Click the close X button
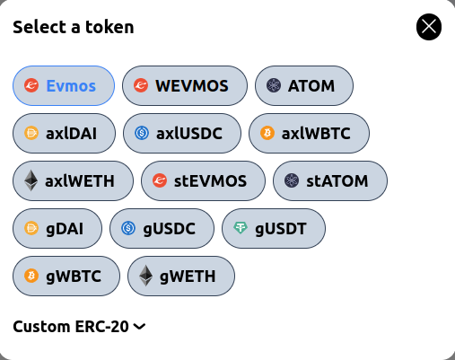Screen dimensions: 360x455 pyautogui.click(x=429, y=28)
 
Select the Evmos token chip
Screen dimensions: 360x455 pyautogui.click(x=64, y=86)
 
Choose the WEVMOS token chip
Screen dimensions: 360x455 pyautogui.click(x=184, y=86)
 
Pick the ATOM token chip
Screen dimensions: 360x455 pyautogui.click(x=304, y=86)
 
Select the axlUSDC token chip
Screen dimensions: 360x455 pyautogui.click(x=181, y=133)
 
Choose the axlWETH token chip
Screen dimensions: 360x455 pyautogui.click(x=73, y=180)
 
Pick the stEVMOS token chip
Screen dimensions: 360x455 pyautogui.click(x=203, y=180)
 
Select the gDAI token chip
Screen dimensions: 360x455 pyautogui.click(x=57, y=228)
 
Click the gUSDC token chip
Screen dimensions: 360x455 pyautogui.click(x=162, y=228)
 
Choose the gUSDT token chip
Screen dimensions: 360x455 pyautogui.click(x=273, y=228)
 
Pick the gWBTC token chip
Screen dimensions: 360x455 pyautogui.click(x=66, y=276)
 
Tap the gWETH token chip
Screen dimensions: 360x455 pyautogui.click(x=181, y=276)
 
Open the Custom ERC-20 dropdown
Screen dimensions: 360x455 pyautogui.click(x=79, y=327)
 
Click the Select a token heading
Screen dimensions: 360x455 pyautogui.click(x=74, y=27)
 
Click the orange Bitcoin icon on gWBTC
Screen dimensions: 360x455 pyautogui.click(x=31, y=276)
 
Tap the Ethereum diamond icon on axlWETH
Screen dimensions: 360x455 pyautogui.click(x=31, y=180)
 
